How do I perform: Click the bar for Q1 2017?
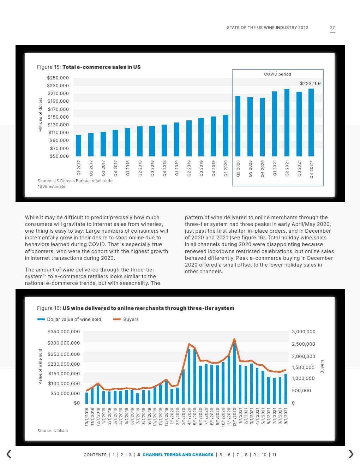79,145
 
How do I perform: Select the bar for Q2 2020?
238,126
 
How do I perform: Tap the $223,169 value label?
310,84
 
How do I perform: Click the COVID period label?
278,74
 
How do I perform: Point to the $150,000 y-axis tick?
58,117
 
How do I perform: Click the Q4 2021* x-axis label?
311,169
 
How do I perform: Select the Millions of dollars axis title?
40,115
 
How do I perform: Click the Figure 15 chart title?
89,67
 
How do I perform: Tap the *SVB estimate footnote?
52,186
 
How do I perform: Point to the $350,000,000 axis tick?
64,332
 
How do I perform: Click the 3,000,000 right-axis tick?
304,332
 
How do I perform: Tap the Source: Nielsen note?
53,431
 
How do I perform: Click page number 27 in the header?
332,28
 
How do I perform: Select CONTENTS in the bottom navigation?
95,455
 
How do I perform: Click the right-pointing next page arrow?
351,454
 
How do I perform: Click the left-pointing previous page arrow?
9,454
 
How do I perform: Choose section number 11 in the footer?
274,455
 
